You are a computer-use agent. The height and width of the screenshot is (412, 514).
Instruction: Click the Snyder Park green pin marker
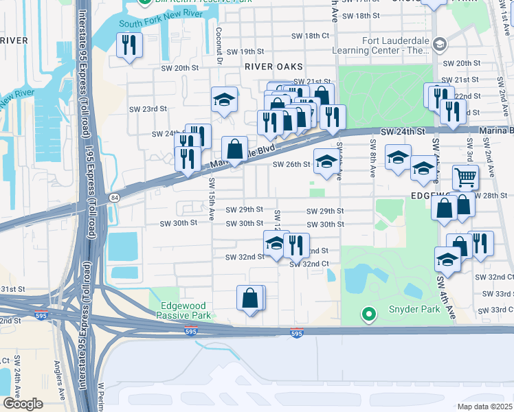tap(369, 315)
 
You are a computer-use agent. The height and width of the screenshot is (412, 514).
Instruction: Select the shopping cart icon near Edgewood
tap(465, 178)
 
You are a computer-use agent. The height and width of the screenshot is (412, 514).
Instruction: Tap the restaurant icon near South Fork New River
tap(129, 46)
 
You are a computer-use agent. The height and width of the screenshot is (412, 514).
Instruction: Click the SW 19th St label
tap(245, 51)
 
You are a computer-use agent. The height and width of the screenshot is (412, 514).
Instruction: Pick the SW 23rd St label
tap(148, 108)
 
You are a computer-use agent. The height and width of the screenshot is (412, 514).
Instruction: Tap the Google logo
tap(23, 403)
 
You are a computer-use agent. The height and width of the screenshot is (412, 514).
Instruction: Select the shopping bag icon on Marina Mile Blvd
tap(234, 149)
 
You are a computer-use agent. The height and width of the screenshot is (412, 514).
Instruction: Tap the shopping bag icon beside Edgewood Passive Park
tap(250, 298)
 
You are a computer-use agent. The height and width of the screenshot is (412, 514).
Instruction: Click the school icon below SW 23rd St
tap(224, 100)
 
